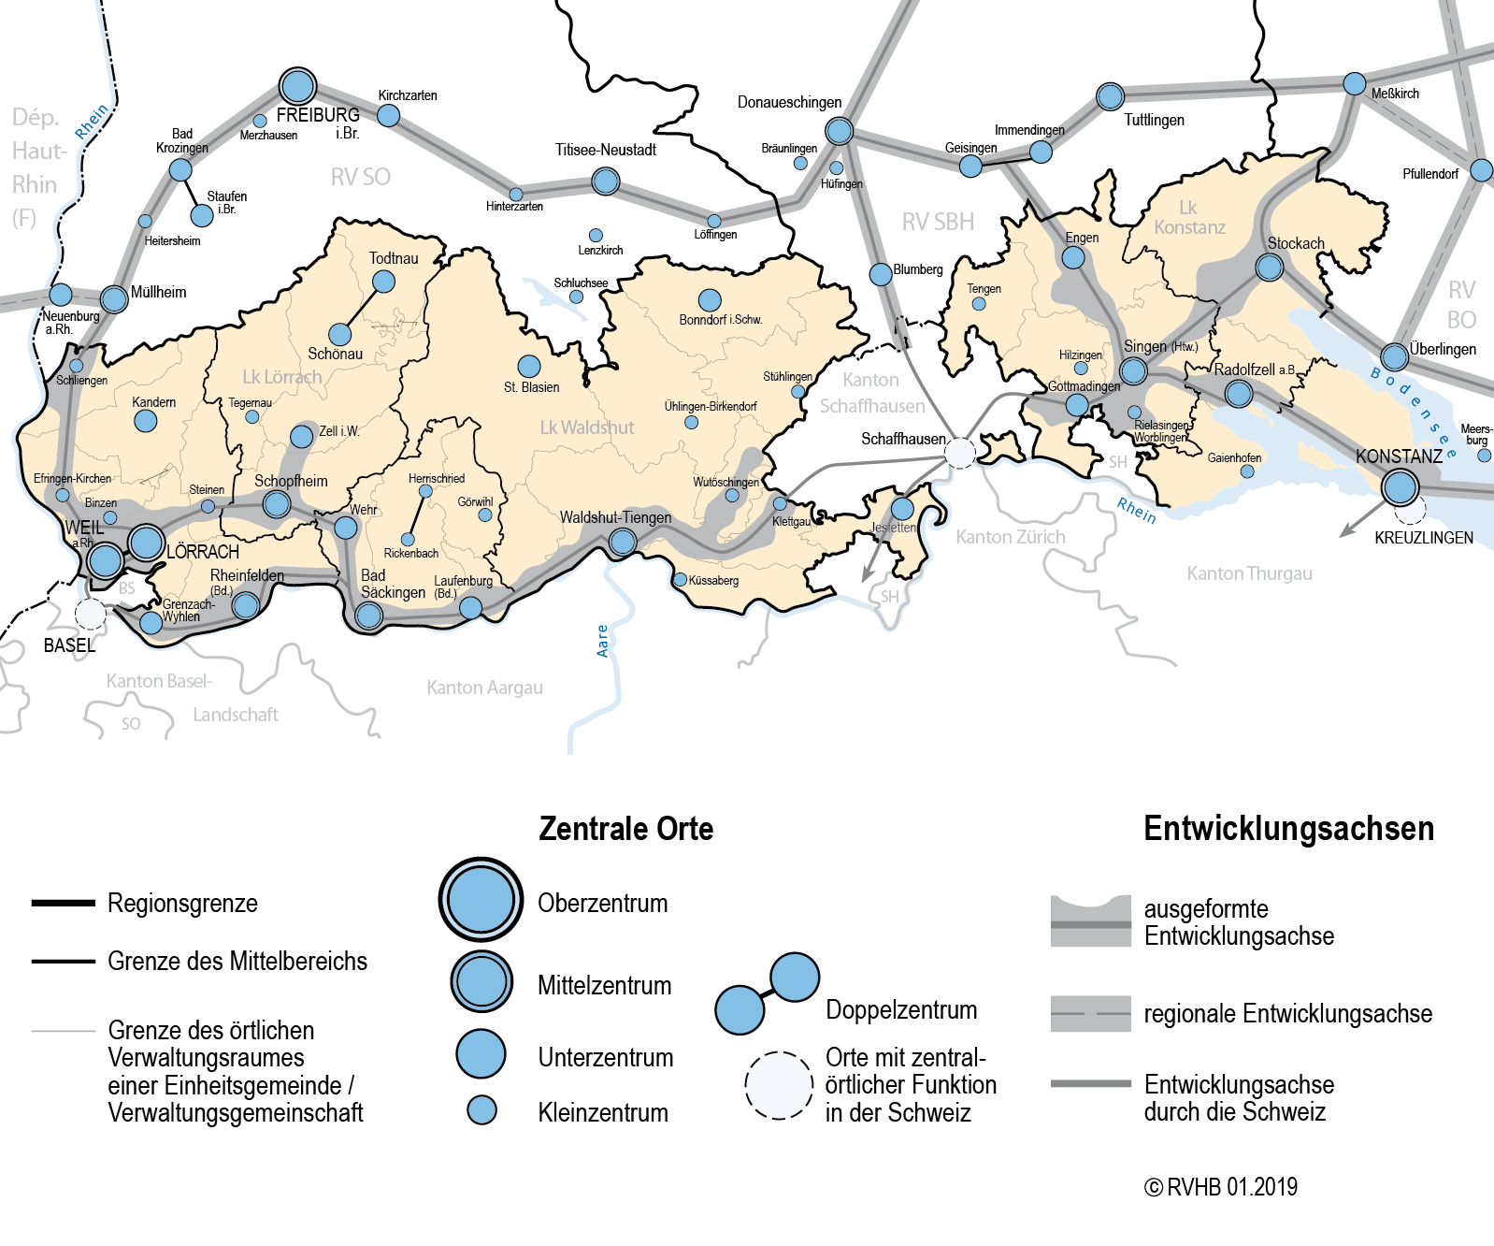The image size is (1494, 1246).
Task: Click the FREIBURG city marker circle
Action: [x=297, y=86]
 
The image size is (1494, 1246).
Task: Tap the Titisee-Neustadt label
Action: [x=605, y=150]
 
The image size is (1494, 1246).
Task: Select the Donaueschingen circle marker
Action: [x=839, y=130]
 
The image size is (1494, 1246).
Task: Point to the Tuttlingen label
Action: [x=1154, y=120]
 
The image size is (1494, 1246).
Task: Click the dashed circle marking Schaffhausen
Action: [x=959, y=453]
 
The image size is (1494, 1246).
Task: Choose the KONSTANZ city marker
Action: [x=1400, y=487]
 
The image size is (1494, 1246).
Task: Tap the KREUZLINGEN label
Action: [x=1423, y=538]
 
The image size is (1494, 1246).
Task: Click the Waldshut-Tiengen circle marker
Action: [x=623, y=541]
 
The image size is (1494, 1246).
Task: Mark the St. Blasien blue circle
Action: [x=529, y=366]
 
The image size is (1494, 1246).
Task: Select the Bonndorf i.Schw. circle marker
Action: [x=710, y=300]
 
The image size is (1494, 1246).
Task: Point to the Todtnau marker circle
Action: [x=383, y=281]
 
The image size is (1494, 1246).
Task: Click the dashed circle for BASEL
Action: [x=91, y=615]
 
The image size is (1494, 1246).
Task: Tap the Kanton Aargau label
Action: [x=484, y=688]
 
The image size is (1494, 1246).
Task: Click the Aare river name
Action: [x=603, y=641]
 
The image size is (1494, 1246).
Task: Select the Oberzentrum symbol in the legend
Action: [x=481, y=899]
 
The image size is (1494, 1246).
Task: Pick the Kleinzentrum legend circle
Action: [x=481, y=1110]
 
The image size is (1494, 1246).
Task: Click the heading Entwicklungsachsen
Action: [x=1288, y=829]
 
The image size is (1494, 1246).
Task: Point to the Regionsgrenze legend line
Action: [x=64, y=903]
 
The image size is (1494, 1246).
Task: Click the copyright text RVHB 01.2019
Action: [x=1221, y=1187]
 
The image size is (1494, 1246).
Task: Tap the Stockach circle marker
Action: [x=1269, y=268]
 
